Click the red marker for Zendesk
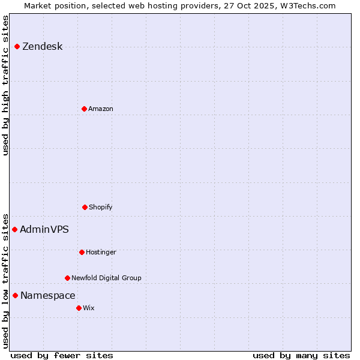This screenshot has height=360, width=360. pyautogui.click(x=17, y=46)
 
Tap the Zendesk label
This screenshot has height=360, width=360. pyautogui.click(x=42, y=47)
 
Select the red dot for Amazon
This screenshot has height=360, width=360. pyautogui.click(x=84, y=109)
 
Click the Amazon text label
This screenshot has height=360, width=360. pyautogui.click(x=100, y=109)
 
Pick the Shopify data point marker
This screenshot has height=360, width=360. pyautogui.click(x=85, y=207)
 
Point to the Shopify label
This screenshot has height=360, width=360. pyautogui.click(x=100, y=207)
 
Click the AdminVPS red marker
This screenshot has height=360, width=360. pyautogui.click(x=14, y=229)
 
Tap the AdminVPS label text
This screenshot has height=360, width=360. pyautogui.click(x=44, y=229)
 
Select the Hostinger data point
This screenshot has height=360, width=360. pyautogui.click(x=82, y=252)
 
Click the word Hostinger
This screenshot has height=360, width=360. pyautogui.click(x=101, y=252)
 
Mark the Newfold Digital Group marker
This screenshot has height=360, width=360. pyautogui.click(x=67, y=278)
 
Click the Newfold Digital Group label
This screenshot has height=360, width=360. pyautogui.click(x=106, y=278)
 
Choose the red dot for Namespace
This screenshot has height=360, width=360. pyautogui.click(x=15, y=295)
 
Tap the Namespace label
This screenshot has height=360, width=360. pyautogui.click(x=47, y=295)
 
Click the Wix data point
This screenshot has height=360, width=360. pyautogui.click(x=79, y=308)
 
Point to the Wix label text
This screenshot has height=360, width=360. pyautogui.click(x=89, y=308)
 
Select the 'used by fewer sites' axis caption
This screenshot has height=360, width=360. pyautogui.click(x=62, y=355)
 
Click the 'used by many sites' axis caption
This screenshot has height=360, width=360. pyautogui.click(x=301, y=355)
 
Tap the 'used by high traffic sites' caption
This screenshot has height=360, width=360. pyautogui.click(x=5, y=85)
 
